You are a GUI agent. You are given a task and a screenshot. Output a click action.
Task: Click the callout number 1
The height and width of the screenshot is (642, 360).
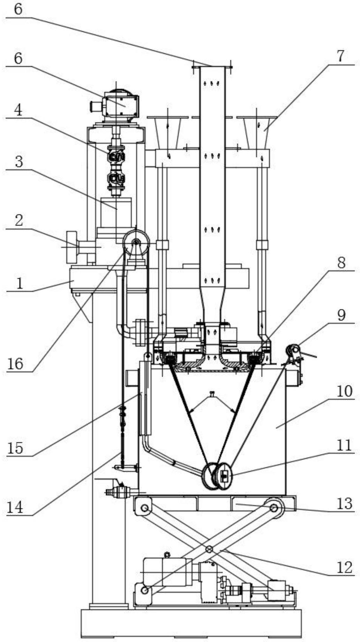point(20,284)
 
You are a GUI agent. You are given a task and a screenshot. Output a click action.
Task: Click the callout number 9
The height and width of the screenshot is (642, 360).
point(342,316)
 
